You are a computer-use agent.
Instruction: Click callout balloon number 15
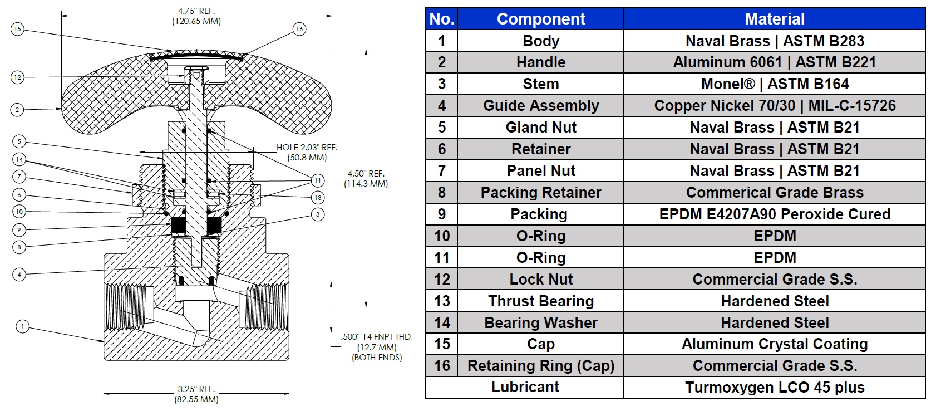click(17, 29)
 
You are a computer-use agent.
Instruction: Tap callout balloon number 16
click(299, 29)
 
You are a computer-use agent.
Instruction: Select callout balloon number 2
click(17, 110)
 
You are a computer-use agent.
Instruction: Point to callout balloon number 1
click(22, 326)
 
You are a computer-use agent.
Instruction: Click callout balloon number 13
click(318, 197)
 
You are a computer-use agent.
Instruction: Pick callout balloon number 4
click(19, 274)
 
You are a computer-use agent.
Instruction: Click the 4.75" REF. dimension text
click(196, 11)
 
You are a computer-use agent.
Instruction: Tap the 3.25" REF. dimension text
click(196, 389)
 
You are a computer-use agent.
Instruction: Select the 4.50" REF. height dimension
click(366, 174)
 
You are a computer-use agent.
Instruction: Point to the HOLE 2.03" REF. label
click(307, 148)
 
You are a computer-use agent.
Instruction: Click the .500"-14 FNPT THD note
click(376, 337)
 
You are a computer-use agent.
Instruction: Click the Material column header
click(774, 19)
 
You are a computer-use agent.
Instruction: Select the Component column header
click(540, 19)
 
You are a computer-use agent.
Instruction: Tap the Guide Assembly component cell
click(540, 106)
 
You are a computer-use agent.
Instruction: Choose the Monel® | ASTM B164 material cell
click(774, 84)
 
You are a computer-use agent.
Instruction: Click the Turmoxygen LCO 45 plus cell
click(774, 388)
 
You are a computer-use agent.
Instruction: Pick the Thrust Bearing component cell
click(540, 301)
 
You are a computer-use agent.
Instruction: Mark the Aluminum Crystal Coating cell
click(774, 344)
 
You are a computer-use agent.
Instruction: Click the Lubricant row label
click(525, 387)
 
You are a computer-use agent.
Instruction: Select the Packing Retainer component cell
click(540, 193)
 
